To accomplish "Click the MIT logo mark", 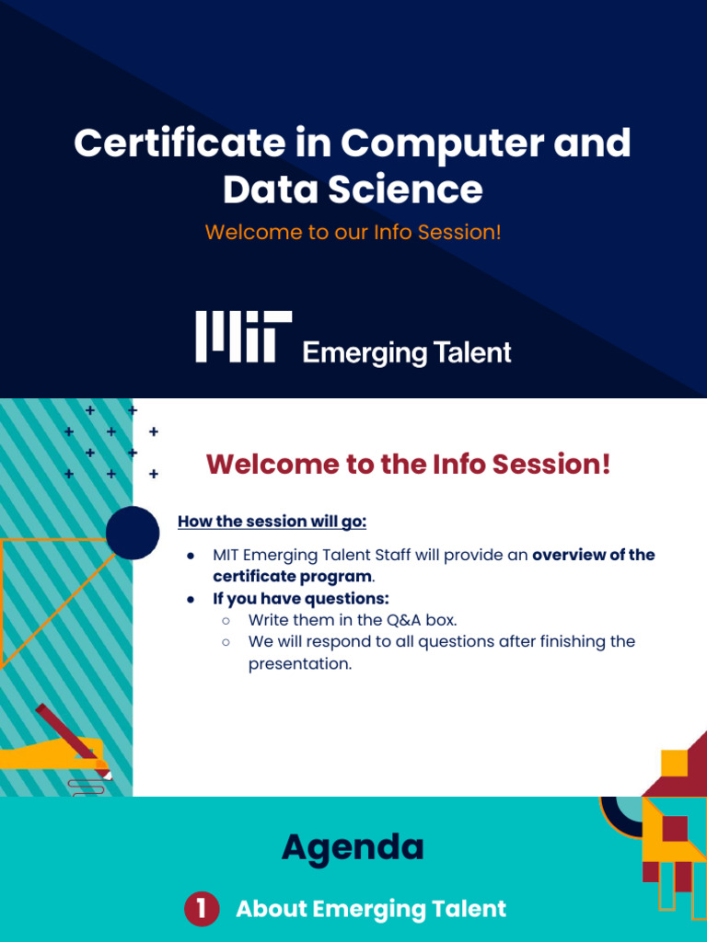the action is [x=243, y=337].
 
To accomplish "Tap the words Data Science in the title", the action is [x=353, y=190].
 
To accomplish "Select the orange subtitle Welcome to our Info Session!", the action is [x=353, y=232].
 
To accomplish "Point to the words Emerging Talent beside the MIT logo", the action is [x=407, y=352].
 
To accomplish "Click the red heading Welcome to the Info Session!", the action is [x=408, y=464].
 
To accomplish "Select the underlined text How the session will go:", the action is [x=272, y=522].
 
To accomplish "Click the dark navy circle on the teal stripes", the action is [x=133, y=533].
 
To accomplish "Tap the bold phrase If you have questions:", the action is [x=301, y=598].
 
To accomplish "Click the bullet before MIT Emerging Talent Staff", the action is [x=191, y=556].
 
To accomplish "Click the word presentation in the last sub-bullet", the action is [x=299, y=664].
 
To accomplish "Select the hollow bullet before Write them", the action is [x=226, y=621].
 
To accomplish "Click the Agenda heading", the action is [x=353, y=847].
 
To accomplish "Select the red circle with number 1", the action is [x=202, y=909].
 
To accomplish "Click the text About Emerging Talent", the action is [x=371, y=909].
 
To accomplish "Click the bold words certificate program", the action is [x=292, y=577].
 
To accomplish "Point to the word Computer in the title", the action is [x=442, y=143].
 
